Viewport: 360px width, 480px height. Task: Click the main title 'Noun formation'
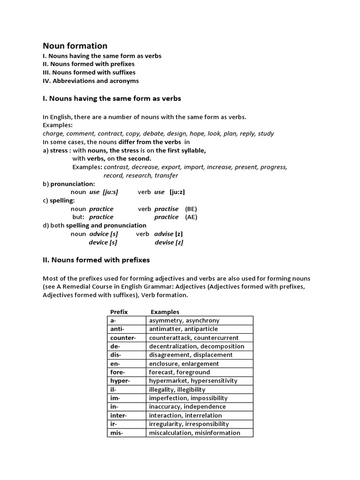tap(75, 45)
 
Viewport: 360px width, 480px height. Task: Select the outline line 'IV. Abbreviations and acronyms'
tap(90, 81)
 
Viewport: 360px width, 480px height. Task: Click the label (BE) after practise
tap(191, 209)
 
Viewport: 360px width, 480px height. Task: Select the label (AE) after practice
tap(191, 217)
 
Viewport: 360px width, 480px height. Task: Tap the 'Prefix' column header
tap(119, 312)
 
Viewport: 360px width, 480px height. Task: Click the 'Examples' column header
tap(165, 312)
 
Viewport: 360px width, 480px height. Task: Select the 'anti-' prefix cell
tap(127, 329)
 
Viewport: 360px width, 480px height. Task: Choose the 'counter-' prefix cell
tap(127, 337)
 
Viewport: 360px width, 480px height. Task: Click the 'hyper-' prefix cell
tap(127, 381)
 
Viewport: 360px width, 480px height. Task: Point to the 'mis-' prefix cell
tap(127, 433)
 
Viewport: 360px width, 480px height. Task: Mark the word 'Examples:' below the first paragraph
tap(58, 125)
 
